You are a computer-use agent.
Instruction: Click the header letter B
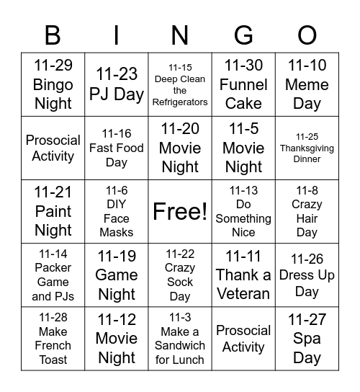pyautogui.click(x=53, y=35)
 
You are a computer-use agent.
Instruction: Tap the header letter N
pyautogui.click(x=180, y=35)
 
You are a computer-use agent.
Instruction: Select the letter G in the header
pyautogui.click(x=243, y=35)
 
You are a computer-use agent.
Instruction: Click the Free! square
pyautogui.click(x=180, y=211)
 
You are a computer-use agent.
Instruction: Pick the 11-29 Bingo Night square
pyautogui.click(x=53, y=84)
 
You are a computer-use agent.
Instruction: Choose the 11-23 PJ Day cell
pyautogui.click(x=117, y=84)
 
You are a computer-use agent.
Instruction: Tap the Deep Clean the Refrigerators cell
pyautogui.click(x=180, y=84)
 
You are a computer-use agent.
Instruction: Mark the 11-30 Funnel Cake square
pyautogui.click(x=243, y=84)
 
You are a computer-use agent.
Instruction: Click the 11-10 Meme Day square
pyautogui.click(x=307, y=84)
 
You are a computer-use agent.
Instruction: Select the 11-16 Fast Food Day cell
pyautogui.click(x=117, y=148)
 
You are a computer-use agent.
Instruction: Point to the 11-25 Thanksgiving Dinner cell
pyautogui.click(x=307, y=148)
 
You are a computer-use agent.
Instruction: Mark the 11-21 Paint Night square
pyautogui.click(x=53, y=211)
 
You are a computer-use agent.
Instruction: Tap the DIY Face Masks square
pyautogui.click(x=117, y=211)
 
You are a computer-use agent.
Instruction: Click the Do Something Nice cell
pyautogui.click(x=243, y=211)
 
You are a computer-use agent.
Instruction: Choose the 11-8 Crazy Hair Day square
pyautogui.click(x=307, y=211)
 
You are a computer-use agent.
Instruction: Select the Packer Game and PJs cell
pyautogui.click(x=53, y=275)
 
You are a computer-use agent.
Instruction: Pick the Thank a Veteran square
pyautogui.click(x=243, y=275)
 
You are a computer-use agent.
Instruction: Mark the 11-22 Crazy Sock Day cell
pyautogui.click(x=180, y=275)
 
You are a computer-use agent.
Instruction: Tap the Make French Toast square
pyautogui.click(x=53, y=338)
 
